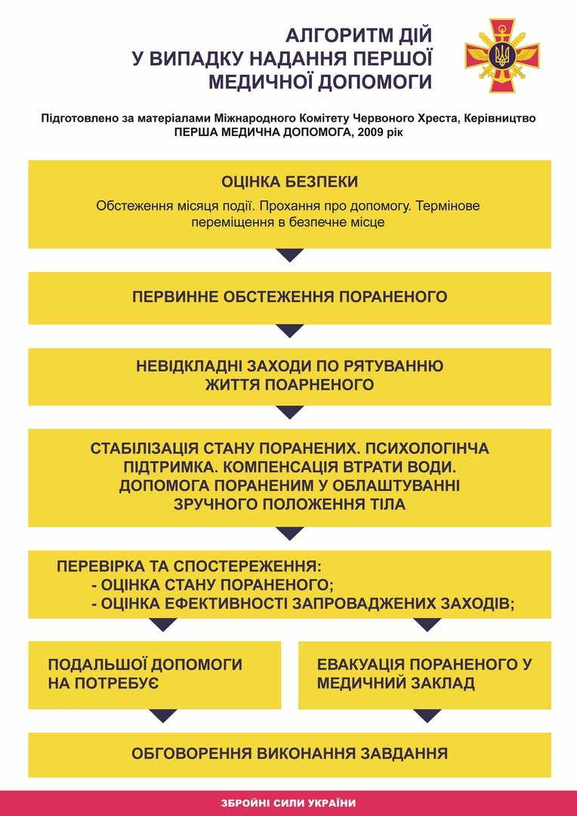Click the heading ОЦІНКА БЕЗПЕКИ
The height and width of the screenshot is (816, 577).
coord(289,182)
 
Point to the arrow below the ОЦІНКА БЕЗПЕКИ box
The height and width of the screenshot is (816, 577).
coord(290,255)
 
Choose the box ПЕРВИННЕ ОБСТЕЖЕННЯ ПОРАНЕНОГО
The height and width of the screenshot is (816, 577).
coord(289,297)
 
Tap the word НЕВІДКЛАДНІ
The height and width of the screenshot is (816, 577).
coord(189,366)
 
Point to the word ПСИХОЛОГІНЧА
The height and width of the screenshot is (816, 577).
coord(428,449)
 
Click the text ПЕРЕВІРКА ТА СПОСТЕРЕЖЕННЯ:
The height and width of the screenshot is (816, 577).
coord(190,566)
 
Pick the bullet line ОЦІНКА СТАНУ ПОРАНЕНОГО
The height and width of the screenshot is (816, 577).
coord(212,585)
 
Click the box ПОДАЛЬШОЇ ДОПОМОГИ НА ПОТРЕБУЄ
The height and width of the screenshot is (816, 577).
coord(155,674)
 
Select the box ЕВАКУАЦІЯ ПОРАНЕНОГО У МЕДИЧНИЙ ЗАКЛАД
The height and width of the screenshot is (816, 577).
coord(424,674)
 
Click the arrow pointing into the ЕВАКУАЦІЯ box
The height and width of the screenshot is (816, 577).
coord(427,625)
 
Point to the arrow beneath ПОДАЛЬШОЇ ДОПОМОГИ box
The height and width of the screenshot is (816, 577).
coord(163,716)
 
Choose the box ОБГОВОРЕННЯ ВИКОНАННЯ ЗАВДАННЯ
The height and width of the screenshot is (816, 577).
coord(289,753)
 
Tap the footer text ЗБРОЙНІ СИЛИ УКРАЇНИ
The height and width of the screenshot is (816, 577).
coord(289,803)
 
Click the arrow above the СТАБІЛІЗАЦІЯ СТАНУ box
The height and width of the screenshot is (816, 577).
coord(290,412)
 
